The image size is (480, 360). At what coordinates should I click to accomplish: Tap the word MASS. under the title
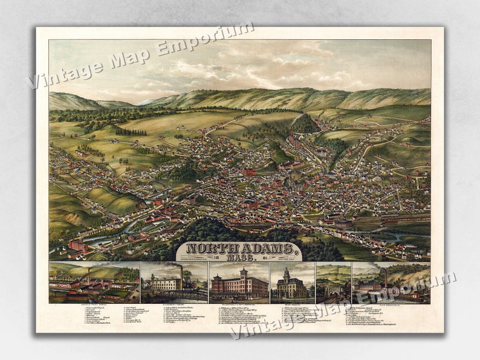(x=239, y=257)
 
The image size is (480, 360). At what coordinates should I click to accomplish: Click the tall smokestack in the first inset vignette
(x=88, y=277)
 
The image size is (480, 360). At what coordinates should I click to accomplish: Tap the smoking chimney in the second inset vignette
(x=181, y=275)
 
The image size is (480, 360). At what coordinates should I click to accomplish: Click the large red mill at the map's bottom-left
(x=77, y=245)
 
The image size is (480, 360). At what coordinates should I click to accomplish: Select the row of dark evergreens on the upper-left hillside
(x=131, y=132)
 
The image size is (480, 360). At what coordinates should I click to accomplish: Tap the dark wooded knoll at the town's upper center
(x=306, y=125)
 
